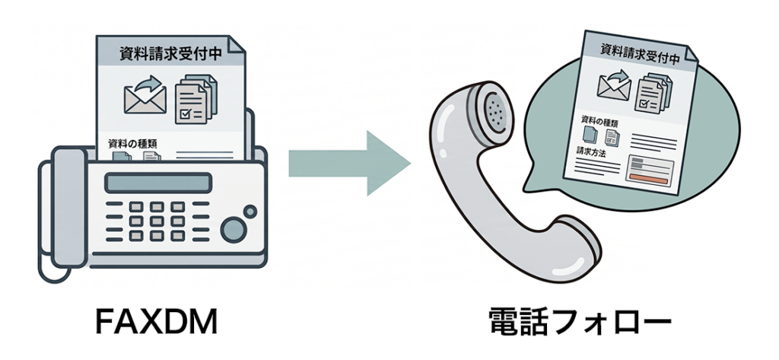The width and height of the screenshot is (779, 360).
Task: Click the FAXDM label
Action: coord(156,322)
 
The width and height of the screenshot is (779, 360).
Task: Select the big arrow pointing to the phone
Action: coord(349,163)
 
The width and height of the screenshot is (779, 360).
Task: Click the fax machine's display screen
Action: coord(158,183)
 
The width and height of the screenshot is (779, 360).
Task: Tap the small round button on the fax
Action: coord(250,212)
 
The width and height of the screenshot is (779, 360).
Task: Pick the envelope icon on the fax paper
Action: coord(145,95)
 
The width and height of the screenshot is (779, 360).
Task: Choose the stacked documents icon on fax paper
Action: coord(196,99)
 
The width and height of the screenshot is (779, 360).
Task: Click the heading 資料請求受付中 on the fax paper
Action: coord(170,53)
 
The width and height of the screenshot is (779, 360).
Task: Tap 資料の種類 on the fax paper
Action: coord(132,144)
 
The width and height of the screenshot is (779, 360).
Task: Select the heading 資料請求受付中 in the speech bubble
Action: coord(640,53)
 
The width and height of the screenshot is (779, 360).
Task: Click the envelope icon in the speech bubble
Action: coord(615,85)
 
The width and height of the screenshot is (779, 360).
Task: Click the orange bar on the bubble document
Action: coord(648,177)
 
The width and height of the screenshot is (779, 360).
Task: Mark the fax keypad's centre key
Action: coord(157,221)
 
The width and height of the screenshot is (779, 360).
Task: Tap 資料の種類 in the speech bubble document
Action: coord(599,121)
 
